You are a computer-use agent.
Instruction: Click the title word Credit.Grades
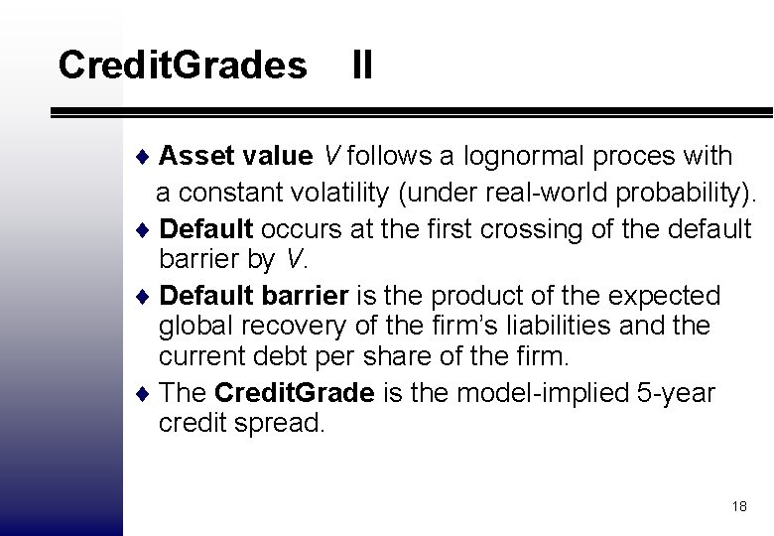point(183,66)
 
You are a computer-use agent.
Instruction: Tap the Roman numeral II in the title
point(361,66)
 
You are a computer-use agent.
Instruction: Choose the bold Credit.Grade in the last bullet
point(295,393)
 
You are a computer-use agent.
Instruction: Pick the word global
point(193,326)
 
